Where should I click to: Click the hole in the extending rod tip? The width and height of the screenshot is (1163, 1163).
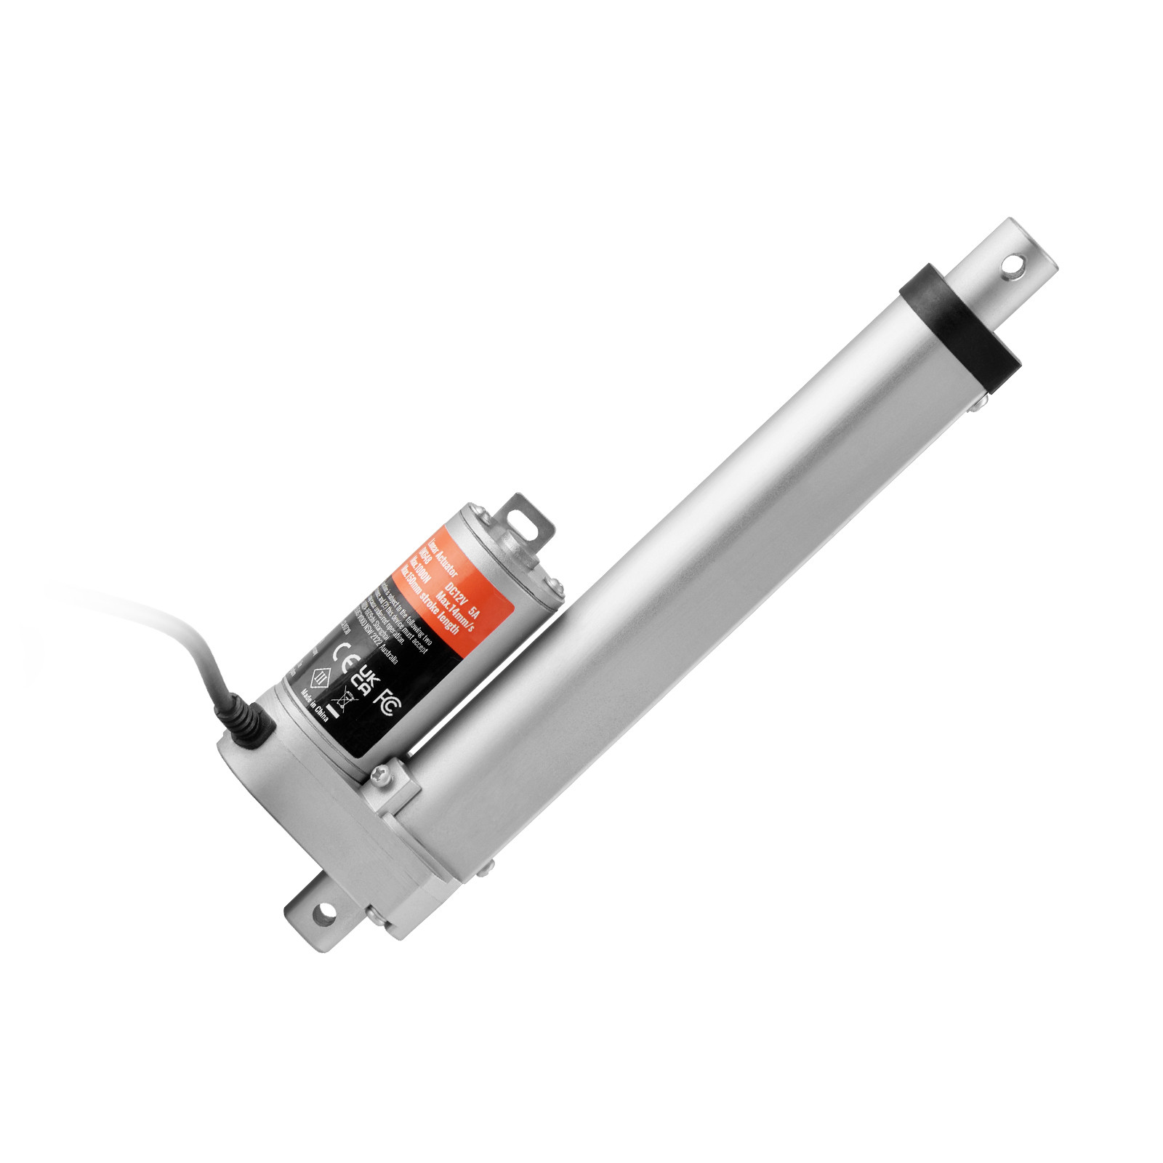click(1013, 267)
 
